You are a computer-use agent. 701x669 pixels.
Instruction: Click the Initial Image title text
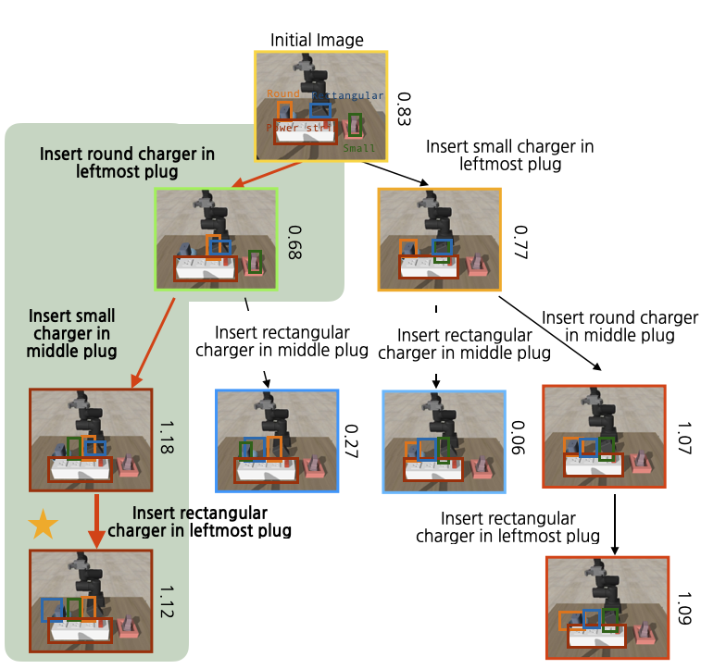pyautogui.click(x=317, y=40)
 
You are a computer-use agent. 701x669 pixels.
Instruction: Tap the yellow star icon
pyautogui.click(x=43, y=526)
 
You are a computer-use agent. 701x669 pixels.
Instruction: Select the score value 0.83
pyautogui.click(x=403, y=108)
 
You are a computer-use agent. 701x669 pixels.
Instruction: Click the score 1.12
pyautogui.click(x=168, y=601)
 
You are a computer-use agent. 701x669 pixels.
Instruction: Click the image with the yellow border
pyautogui.click(x=321, y=105)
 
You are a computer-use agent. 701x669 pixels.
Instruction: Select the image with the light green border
pyautogui.click(x=217, y=239)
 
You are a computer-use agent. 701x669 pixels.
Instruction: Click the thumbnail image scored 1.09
pyautogui.click(x=607, y=607)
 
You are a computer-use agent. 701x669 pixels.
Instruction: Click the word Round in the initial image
pyautogui.click(x=282, y=93)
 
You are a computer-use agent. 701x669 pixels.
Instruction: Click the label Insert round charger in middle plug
pyautogui.click(x=620, y=327)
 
